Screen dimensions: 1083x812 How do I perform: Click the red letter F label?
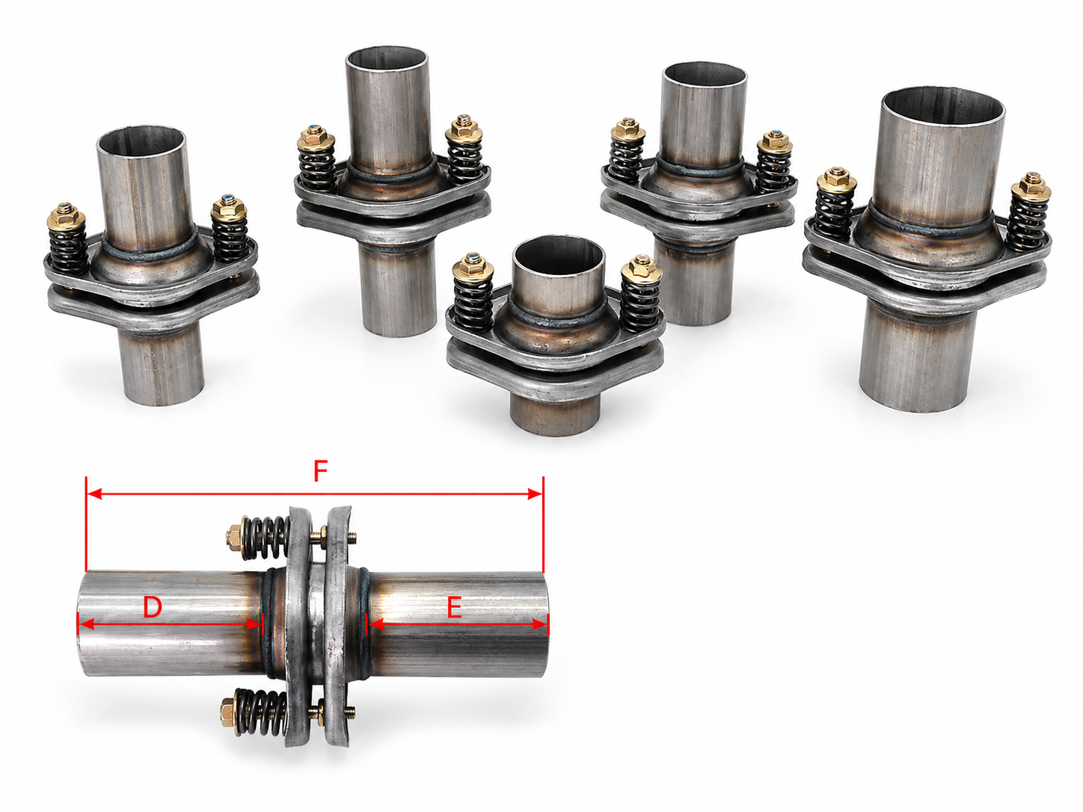click(x=321, y=472)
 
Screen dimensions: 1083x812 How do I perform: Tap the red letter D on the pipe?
click(x=153, y=607)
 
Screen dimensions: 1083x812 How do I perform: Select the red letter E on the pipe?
click(x=454, y=609)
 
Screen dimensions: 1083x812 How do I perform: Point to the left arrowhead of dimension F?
click(x=94, y=493)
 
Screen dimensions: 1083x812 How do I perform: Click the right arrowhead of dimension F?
click(x=536, y=493)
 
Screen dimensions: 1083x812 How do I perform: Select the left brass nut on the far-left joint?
click(x=67, y=217)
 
